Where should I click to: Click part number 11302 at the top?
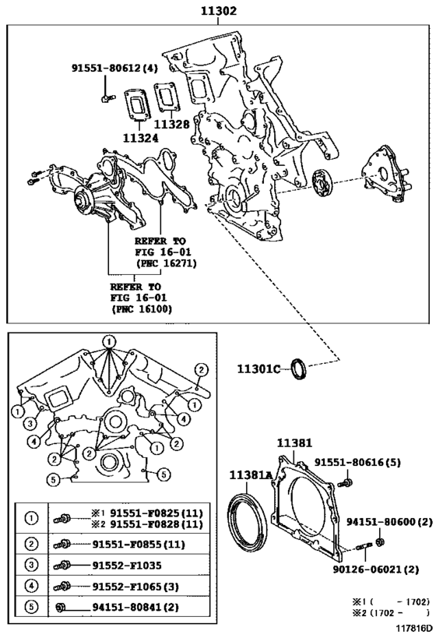point(218,11)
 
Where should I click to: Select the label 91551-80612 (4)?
point(114,69)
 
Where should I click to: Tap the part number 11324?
point(141,138)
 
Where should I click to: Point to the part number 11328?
point(171,124)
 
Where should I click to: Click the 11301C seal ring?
point(300,368)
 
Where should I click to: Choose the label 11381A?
point(251,475)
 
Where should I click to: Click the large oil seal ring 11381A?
point(248,521)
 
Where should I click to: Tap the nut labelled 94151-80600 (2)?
point(381,542)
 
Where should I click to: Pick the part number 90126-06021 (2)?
point(376,569)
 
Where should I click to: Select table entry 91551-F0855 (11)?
point(139,544)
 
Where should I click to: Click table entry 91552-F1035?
point(126,566)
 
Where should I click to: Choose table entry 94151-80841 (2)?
point(135,608)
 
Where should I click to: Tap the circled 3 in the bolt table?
point(32,565)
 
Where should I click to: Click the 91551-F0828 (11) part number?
point(156,524)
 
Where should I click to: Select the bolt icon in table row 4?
point(62,587)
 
